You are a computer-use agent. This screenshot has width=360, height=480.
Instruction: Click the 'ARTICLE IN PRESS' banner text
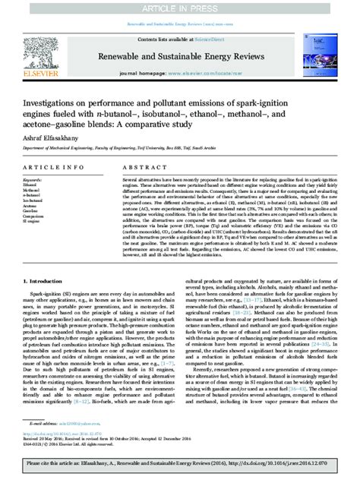[179, 8]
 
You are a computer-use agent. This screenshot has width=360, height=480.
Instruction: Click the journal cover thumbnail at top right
[324, 55]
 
